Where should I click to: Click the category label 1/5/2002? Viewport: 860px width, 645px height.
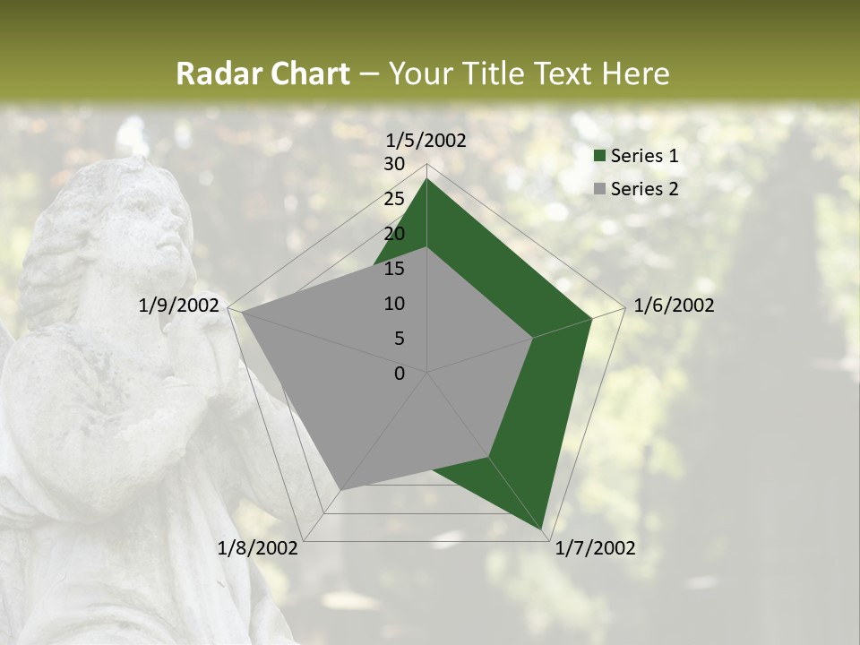(426, 141)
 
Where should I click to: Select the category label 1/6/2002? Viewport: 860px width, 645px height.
(674, 305)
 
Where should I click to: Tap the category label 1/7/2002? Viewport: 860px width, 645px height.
(595, 548)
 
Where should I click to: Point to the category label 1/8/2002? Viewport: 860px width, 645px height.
(258, 548)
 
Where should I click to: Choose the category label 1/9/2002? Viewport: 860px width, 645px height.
(179, 305)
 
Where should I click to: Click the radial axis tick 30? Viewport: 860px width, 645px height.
(394, 164)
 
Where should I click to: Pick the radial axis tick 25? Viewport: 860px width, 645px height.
(394, 199)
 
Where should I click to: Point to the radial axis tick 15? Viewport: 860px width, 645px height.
(394, 269)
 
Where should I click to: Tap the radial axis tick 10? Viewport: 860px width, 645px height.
(394, 304)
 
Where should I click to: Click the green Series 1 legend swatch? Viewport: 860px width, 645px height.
(599, 157)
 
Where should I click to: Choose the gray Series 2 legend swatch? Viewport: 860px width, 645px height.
(599, 189)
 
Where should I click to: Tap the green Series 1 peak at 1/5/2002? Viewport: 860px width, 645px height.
(426, 179)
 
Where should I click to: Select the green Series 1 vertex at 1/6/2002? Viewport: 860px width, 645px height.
(591, 318)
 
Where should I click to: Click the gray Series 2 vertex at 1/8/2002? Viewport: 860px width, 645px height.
(341, 489)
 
